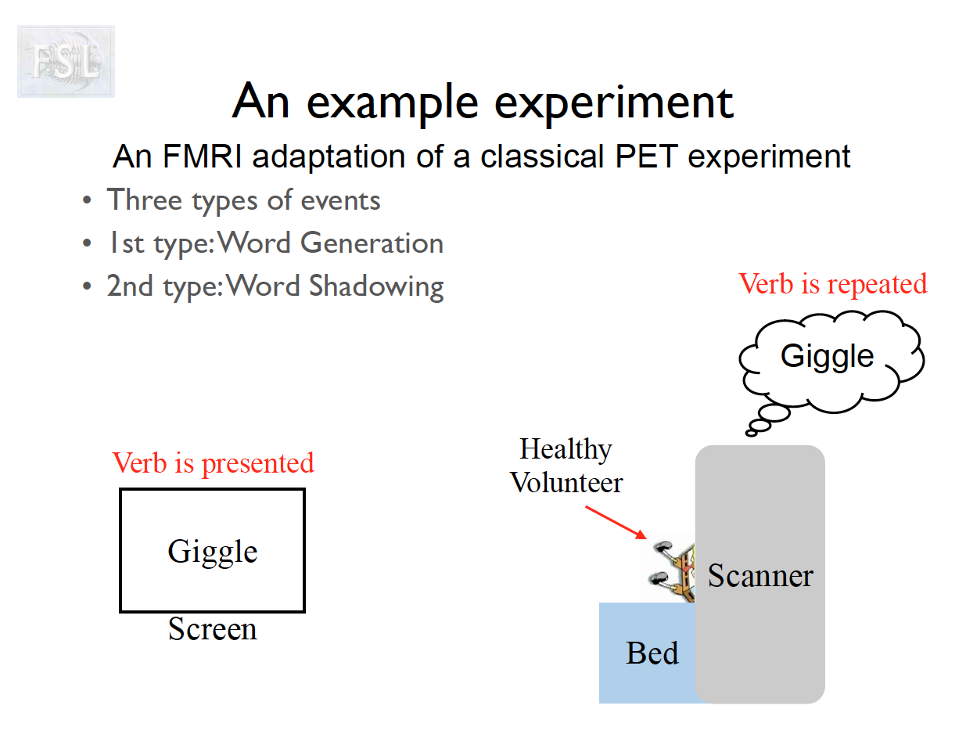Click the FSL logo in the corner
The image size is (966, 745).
[x=66, y=61]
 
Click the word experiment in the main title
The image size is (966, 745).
[x=598, y=103]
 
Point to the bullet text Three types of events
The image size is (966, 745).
[x=243, y=200]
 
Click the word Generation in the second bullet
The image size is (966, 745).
[x=372, y=243]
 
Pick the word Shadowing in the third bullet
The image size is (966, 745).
[x=377, y=286]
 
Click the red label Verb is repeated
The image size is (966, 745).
[x=833, y=283]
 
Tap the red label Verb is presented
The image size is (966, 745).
[x=213, y=462]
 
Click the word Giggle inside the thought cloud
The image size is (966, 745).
[x=827, y=356]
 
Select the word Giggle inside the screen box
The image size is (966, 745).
[x=212, y=552]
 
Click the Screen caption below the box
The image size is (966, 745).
[x=212, y=629]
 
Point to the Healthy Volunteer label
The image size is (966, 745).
[x=566, y=466]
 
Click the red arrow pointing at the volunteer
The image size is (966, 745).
[x=616, y=523]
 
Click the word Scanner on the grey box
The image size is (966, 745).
[x=760, y=576]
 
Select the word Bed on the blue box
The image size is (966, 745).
[x=652, y=653]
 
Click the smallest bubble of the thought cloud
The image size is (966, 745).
[x=752, y=432]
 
